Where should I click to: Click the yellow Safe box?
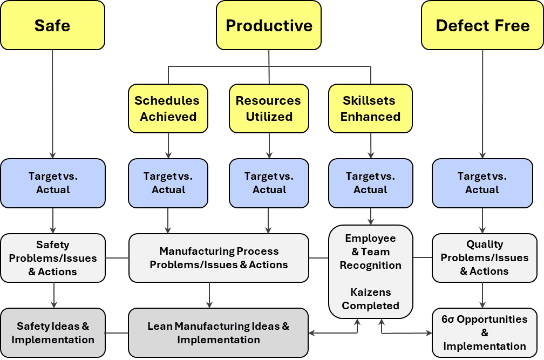click(x=52, y=25)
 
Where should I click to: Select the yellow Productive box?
click(x=269, y=25)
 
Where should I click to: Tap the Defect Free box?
click(x=482, y=25)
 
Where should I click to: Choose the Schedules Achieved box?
click(x=168, y=108)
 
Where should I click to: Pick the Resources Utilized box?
click(x=269, y=108)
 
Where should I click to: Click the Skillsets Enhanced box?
click(x=370, y=108)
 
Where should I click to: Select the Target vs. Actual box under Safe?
click(x=53, y=183)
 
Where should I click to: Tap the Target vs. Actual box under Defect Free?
click(x=482, y=183)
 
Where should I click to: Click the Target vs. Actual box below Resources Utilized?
click(x=269, y=183)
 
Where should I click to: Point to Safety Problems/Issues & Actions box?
click(x=53, y=258)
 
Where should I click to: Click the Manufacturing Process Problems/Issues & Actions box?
click(x=219, y=258)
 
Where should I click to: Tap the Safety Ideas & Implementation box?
click(x=53, y=333)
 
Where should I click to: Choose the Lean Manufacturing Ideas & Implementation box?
click(x=219, y=333)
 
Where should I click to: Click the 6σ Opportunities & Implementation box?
click(x=484, y=332)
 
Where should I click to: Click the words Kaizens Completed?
click(x=370, y=299)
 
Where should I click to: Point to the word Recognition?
click(x=370, y=265)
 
